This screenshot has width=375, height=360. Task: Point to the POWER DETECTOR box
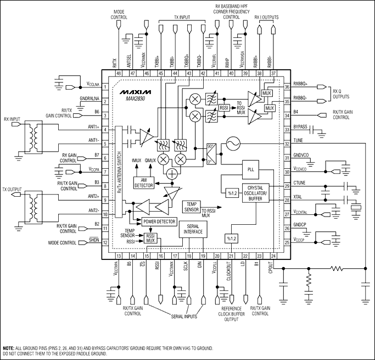tap(159, 221)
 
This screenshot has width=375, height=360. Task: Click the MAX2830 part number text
tap(134, 98)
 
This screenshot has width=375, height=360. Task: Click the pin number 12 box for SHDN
tap(104, 243)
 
